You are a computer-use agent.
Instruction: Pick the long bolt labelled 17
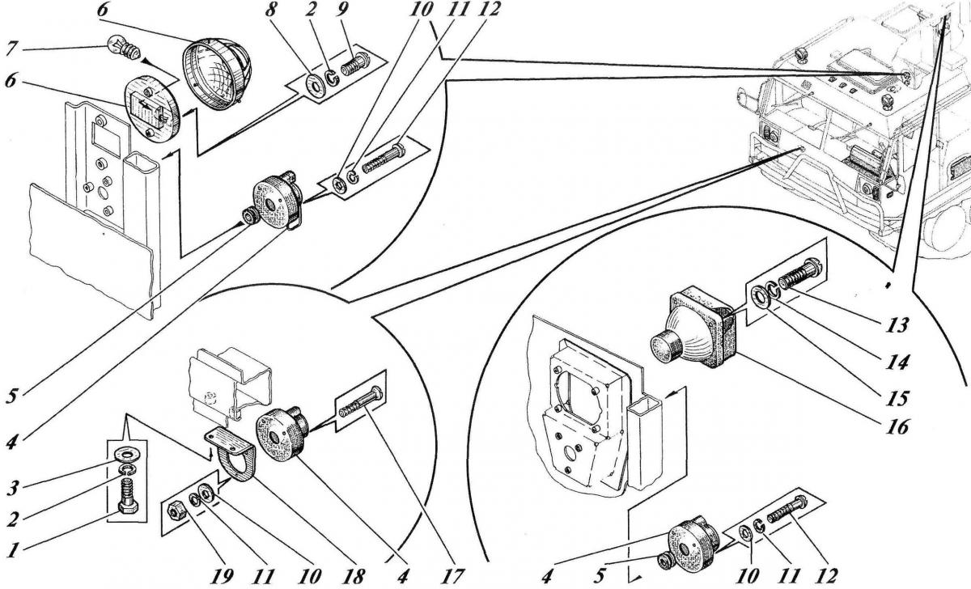[364, 400]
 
